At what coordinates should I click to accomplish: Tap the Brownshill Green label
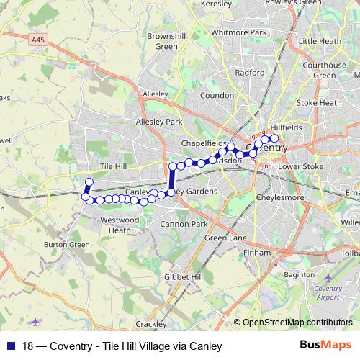click(166, 41)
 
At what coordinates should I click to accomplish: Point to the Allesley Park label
click(159, 122)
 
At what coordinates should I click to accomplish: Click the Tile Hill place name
click(113, 166)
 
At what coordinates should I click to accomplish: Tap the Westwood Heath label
click(120, 224)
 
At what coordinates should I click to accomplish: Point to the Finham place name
click(257, 253)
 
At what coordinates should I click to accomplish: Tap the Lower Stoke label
click(301, 166)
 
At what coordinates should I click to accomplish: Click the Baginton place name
click(300, 275)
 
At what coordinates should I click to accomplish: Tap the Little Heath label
click(320, 42)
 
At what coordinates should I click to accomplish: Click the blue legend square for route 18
click(10, 346)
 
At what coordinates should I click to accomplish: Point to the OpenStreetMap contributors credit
click(297, 323)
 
